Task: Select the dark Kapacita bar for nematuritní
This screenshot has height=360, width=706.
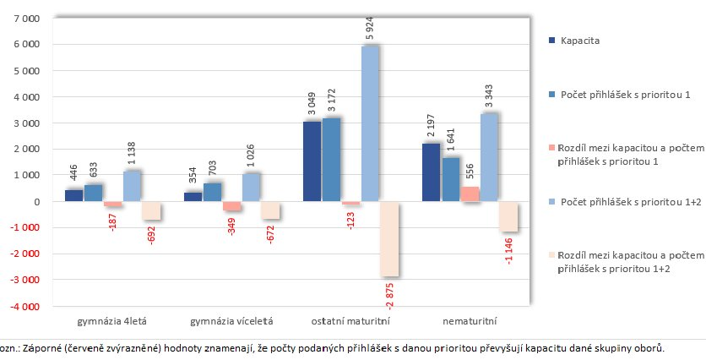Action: [x=430, y=172]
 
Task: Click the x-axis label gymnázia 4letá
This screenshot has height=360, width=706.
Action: [x=111, y=321]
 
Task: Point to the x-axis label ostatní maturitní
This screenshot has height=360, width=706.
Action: [x=351, y=321]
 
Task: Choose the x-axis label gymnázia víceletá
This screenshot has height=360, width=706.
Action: [x=231, y=321]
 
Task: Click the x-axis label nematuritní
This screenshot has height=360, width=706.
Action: [x=470, y=321]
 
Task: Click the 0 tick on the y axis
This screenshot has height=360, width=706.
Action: [x=36, y=201]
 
